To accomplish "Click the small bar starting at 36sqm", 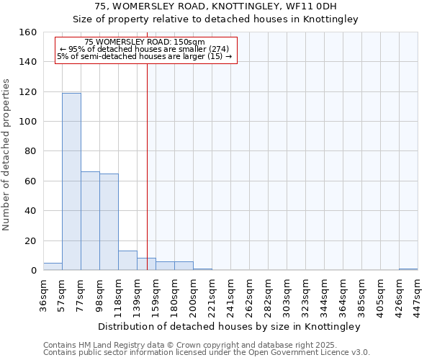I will (53, 266).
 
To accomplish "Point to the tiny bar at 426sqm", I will (408, 269).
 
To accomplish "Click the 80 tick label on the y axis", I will (31, 151).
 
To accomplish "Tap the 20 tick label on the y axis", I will (31, 240).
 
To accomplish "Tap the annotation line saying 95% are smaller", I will (145, 49).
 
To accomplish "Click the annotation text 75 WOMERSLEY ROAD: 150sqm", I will (145, 42).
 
